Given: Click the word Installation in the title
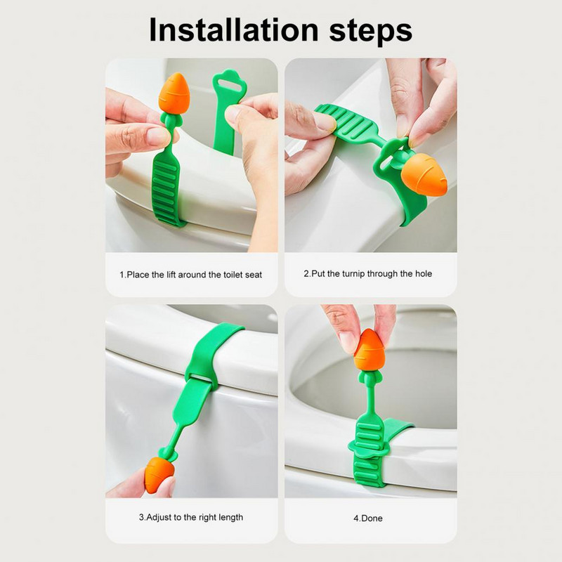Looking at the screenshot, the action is (233, 30).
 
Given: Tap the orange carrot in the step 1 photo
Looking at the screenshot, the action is (174, 93).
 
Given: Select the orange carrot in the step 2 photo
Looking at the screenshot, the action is (424, 175).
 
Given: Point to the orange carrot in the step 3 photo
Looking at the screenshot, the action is (159, 475).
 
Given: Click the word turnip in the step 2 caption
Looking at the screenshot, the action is (353, 274).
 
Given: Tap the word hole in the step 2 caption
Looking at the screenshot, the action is (424, 274).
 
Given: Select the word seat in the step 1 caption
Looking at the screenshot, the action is (254, 275).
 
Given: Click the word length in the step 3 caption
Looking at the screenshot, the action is (231, 518).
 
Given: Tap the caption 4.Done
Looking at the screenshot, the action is (368, 518).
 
